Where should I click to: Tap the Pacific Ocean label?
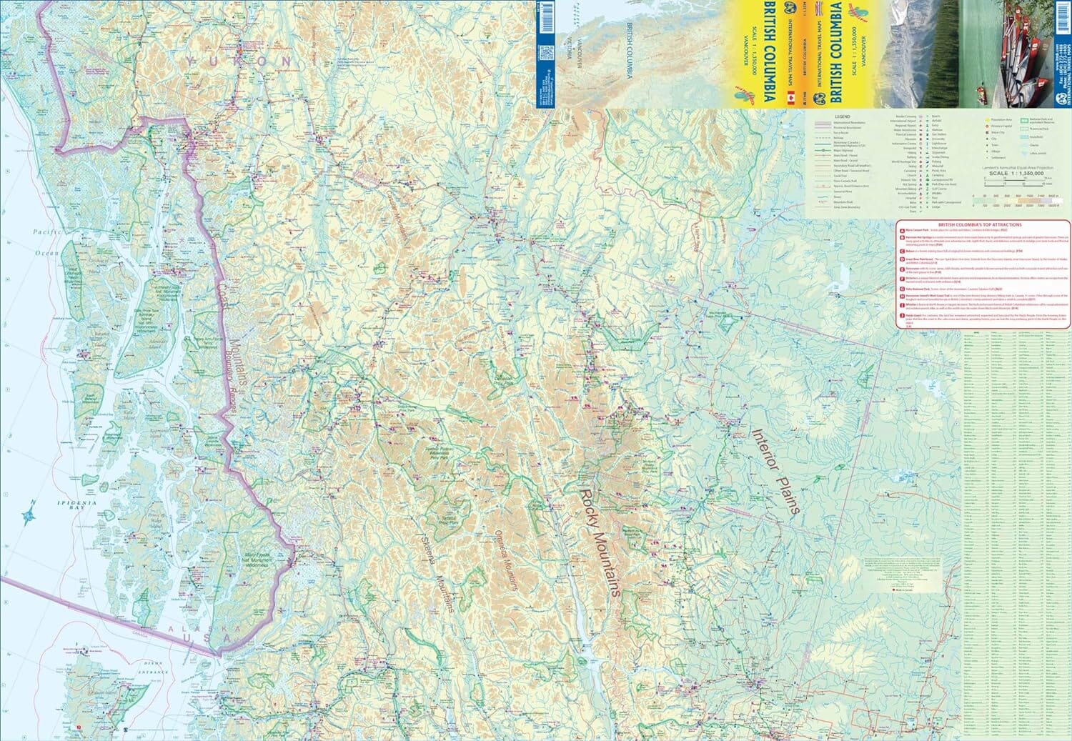(x=49, y=243)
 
